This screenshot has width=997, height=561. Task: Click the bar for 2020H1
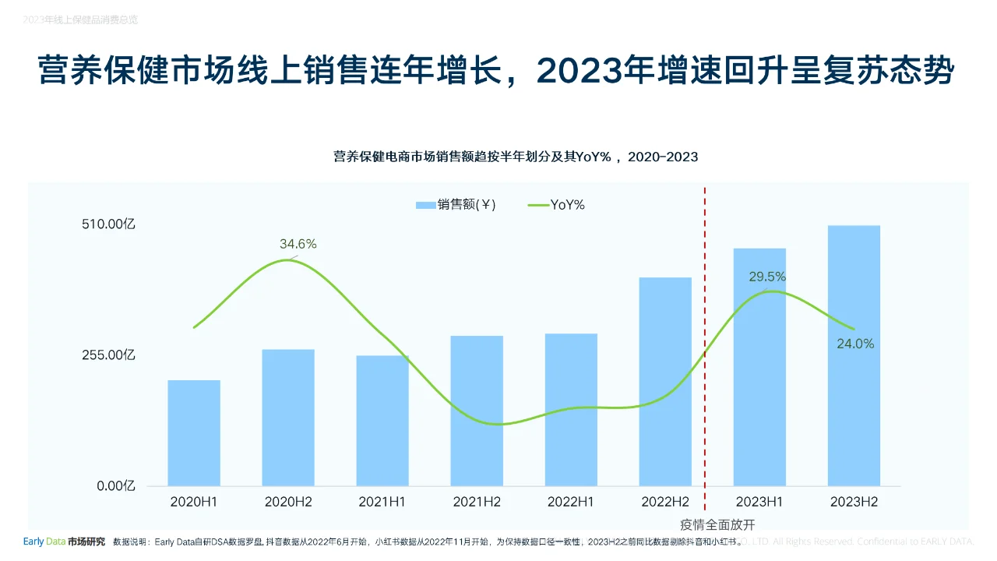194,433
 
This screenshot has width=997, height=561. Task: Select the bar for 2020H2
288,418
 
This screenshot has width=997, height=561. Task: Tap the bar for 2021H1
382,421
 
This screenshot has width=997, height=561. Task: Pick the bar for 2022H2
665,382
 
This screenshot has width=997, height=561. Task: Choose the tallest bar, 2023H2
854,356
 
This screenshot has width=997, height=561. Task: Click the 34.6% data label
298,244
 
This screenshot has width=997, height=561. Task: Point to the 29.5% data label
767,277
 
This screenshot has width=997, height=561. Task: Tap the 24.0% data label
855,344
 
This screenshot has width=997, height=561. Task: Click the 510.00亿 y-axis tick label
108,224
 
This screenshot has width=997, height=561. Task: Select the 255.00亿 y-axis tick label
108,355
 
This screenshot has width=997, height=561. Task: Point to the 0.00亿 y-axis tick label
116,486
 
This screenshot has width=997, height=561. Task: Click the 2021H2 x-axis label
477,503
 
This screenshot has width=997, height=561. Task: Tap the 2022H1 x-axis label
571,503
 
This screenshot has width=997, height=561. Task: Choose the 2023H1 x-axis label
759,503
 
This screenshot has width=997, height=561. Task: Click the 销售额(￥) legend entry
456,205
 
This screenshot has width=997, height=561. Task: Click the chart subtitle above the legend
516,157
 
